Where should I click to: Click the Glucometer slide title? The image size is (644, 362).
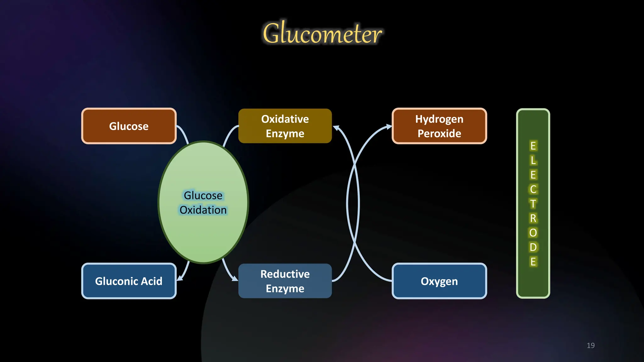click(322, 33)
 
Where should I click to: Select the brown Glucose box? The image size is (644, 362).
click(129, 126)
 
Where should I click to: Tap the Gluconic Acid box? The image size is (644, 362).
click(129, 281)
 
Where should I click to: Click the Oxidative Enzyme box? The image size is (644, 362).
click(285, 126)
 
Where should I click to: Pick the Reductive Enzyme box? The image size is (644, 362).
click(285, 281)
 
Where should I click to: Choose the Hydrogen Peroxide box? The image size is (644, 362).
click(439, 126)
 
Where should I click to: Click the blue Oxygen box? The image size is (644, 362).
click(439, 281)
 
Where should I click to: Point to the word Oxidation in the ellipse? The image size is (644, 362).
click(203, 210)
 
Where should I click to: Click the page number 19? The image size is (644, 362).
click(591, 345)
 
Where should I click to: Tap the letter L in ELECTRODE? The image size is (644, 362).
click(533, 160)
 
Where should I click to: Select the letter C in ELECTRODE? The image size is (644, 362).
click(533, 189)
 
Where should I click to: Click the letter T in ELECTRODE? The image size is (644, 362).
click(533, 204)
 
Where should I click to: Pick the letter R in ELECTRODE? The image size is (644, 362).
click(533, 218)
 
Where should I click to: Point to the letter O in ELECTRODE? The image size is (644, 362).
click(533, 233)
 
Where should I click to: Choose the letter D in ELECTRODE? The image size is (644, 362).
click(533, 247)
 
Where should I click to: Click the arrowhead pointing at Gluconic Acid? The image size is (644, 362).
click(180, 278)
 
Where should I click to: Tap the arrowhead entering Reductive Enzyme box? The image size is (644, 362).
click(235, 278)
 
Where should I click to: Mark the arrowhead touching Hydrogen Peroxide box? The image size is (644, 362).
click(389, 127)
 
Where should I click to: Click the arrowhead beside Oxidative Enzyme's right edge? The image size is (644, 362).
click(336, 128)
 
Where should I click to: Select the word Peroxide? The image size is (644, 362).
click(439, 134)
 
